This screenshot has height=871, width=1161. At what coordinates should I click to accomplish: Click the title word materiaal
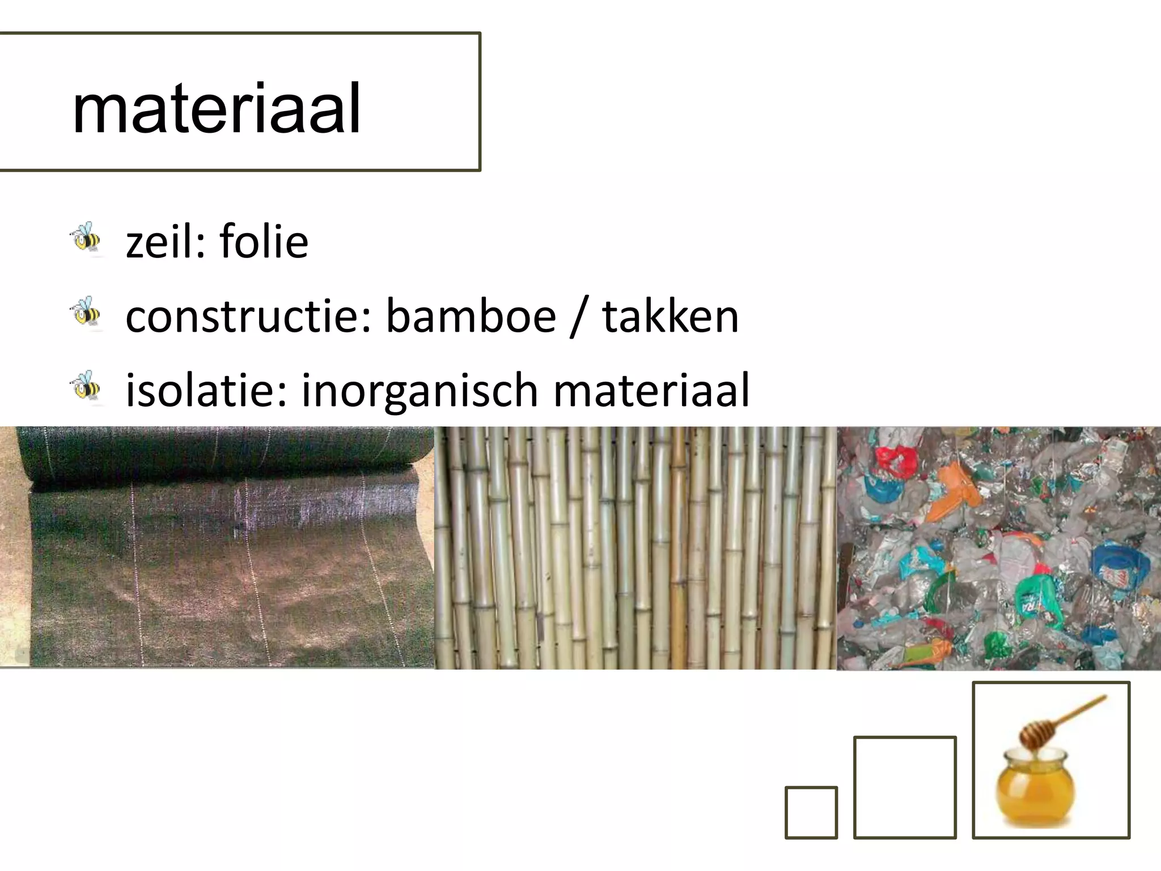[x=217, y=108]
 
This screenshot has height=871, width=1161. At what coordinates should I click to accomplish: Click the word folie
[x=264, y=242]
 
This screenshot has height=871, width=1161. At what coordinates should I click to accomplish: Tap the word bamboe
[x=471, y=316]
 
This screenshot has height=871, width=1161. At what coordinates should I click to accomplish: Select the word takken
[x=670, y=316]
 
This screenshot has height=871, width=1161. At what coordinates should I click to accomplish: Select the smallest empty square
[x=811, y=812]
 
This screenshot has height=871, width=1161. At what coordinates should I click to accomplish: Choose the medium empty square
[x=905, y=787]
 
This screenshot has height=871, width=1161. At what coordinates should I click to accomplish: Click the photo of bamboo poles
[x=635, y=548]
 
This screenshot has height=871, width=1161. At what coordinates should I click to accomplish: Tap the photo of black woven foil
[x=217, y=547]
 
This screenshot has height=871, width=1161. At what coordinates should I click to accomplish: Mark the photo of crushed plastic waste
[x=999, y=548]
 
